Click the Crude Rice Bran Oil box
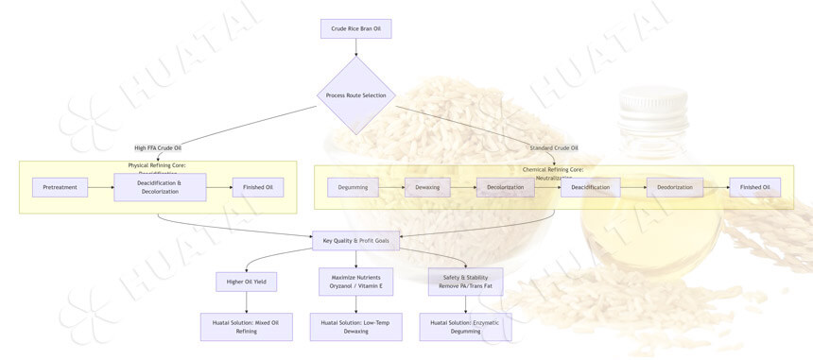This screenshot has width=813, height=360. coord(355,29)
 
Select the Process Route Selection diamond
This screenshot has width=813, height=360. coord(355,95)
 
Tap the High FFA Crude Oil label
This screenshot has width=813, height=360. coord(158,147)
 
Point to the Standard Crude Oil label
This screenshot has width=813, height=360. coord(553,147)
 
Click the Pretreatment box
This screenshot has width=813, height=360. coord(60,187)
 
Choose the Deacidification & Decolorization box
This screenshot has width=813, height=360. coord(160,187)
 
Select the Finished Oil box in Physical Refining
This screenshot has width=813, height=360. coord(258,187)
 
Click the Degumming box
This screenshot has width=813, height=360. coord(353,187)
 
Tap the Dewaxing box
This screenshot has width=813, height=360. coord(427,187)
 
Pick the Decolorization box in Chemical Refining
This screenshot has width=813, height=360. coord(505,187)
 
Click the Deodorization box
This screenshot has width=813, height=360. coord(675,187)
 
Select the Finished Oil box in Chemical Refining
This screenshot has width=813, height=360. coord(754,187)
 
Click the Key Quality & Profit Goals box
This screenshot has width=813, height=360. coord(355,241)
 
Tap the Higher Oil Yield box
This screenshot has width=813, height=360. coord(247,281)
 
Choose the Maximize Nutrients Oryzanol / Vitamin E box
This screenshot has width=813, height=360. coord(355,281)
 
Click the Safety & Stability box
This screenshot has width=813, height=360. coord(466,281)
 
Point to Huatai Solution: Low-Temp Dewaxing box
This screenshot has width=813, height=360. coord(355,327)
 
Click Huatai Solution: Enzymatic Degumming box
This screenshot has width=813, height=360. coord(465,327)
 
